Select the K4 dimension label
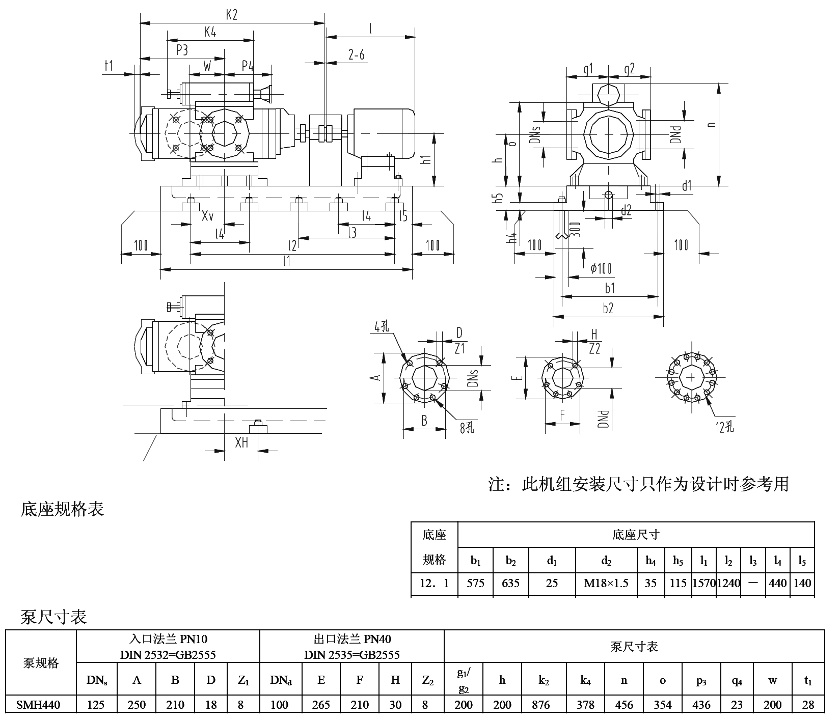(210, 32)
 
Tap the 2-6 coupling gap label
(357, 55)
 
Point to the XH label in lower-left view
(241, 443)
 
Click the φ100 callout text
(601, 268)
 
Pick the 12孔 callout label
(724, 427)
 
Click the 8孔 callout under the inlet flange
(467, 428)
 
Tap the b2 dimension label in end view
(608, 308)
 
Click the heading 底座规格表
(62, 509)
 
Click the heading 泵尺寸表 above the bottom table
(53, 617)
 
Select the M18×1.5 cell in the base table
(606, 583)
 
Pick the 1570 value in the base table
(703, 583)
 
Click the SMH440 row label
(39, 705)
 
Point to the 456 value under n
(624, 705)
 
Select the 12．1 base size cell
(434, 583)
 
